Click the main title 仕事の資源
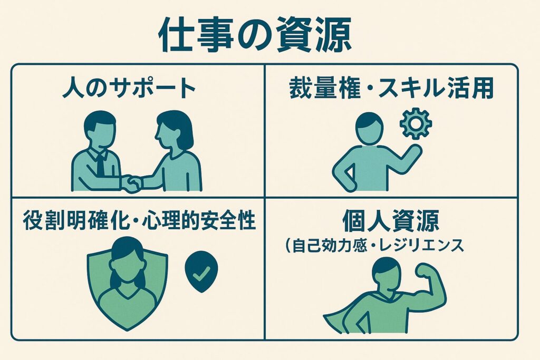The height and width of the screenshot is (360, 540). [255, 35]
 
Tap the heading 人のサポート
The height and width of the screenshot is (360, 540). [129, 88]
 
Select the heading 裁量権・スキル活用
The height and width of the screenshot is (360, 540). [392, 89]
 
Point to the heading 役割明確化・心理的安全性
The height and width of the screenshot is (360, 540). [139, 220]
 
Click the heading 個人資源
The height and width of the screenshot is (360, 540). [391, 220]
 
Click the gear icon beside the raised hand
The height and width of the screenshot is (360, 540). [416, 123]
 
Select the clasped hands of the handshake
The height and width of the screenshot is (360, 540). [131, 184]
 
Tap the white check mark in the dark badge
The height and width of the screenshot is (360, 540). [201, 273]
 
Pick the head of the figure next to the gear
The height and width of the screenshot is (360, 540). [369, 128]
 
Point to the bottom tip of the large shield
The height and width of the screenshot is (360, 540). [128, 330]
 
